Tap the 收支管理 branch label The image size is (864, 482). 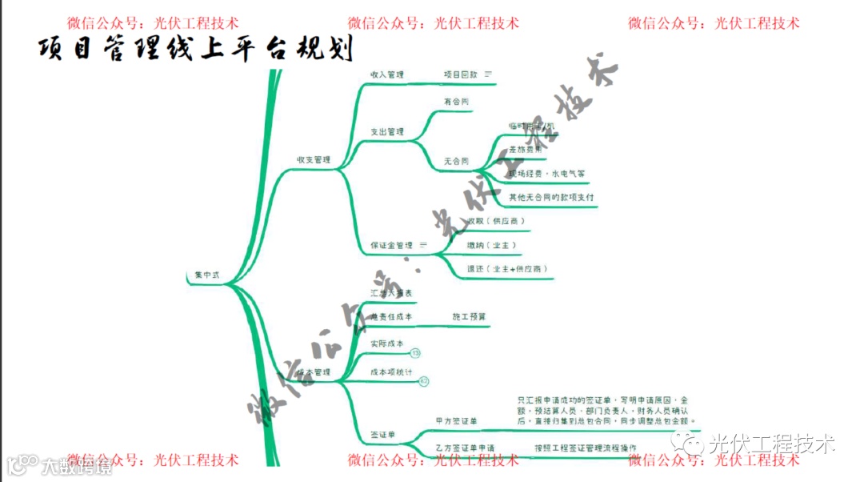pyautogui.click(x=313, y=160)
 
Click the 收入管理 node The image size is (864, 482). pyautogui.click(x=386, y=74)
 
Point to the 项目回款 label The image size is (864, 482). pyautogui.click(x=460, y=74)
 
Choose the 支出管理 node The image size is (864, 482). pyautogui.click(x=386, y=132)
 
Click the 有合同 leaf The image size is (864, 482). pyautogui.click(x=456, y=102)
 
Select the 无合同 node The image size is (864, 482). pyautogui.click(x=456, y=161)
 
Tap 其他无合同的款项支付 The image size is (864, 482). pyautogui.click(x=551, y=197)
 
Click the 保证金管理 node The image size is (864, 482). pyautogui.click(x=391, y=245)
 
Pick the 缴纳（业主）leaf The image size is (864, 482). pyautogui.click(x=491, y=245)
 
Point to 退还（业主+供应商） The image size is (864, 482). pyautogui.click(x=507, y=269)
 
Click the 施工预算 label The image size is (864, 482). pyautogui.click(x=469, y=317)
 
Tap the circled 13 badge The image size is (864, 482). pyautogui.click(x=415, y=353)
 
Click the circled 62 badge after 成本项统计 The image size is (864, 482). pyautogui.click(x=424, y=382)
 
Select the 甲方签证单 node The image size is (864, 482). pyautogui.click(x=456, y=420)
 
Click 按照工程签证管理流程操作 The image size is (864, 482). pyautogui.click(x=586, y=447)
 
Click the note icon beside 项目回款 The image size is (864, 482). pyautogui.click(x=488, y=74)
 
